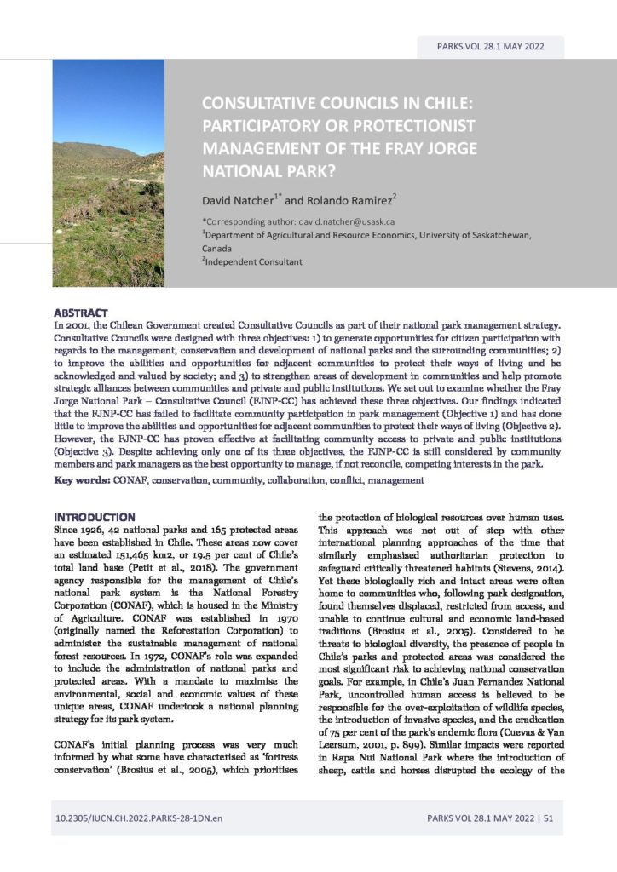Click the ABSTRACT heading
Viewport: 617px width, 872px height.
[80, 313]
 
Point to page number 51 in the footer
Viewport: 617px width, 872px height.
[548, 819]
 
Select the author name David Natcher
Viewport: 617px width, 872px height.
[234, 202]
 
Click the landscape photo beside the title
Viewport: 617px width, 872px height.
[108, 173]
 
